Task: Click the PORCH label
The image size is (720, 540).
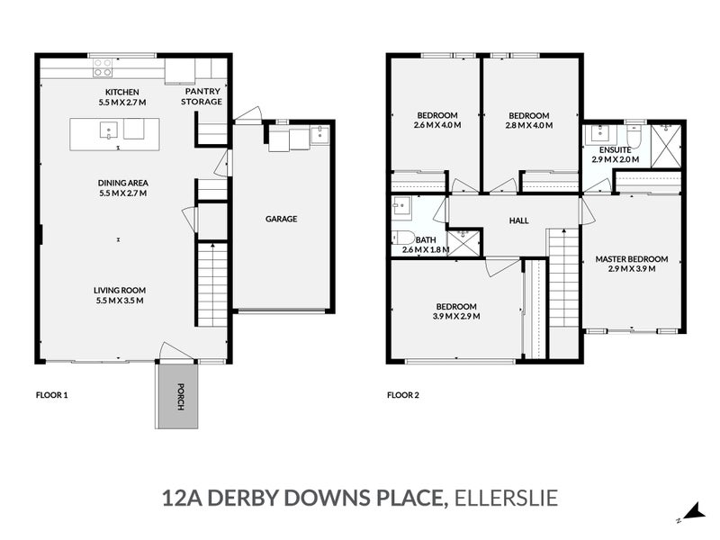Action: coord(181,397)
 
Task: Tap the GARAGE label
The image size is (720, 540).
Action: coord(281,219)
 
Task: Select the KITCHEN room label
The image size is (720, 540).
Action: coord(121,93)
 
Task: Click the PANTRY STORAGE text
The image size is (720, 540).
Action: coord(202,96)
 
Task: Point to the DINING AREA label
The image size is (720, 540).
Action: coord(121,183)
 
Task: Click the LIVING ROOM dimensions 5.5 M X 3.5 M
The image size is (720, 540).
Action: coord(120,300)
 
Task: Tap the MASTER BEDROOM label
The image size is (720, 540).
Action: coord(632,259)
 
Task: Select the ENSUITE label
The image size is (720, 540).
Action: coord(615,149)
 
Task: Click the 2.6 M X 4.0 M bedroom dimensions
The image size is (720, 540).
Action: coord(437,125)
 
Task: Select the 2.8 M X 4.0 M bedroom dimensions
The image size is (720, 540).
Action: coord(528,125)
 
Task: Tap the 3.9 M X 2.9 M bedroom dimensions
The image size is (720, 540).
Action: coord(455,317)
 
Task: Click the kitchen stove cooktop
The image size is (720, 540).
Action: coord(102,68)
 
